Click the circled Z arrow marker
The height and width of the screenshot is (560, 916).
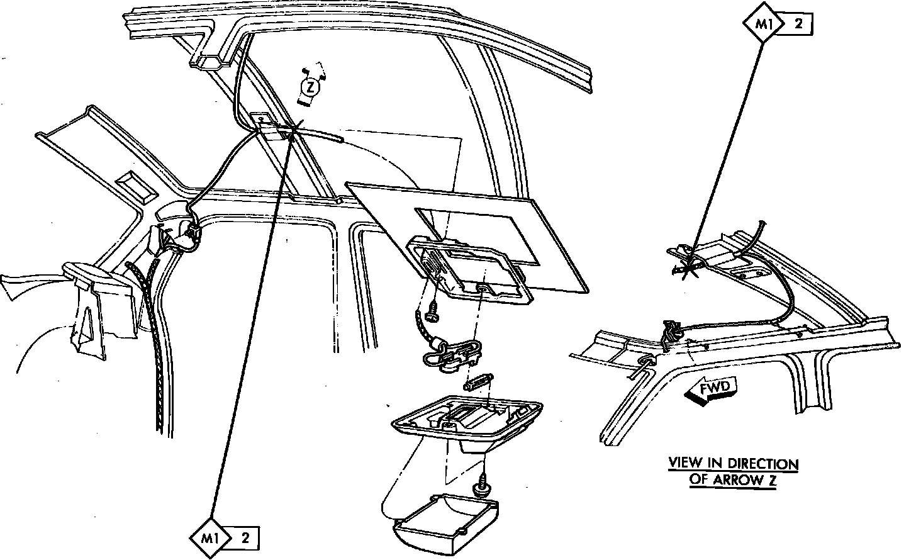309,87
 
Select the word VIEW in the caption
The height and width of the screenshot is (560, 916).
685,464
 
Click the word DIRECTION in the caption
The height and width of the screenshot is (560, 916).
764,464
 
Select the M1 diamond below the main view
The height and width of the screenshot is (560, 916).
211,538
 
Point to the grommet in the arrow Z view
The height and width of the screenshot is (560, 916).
647,360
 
